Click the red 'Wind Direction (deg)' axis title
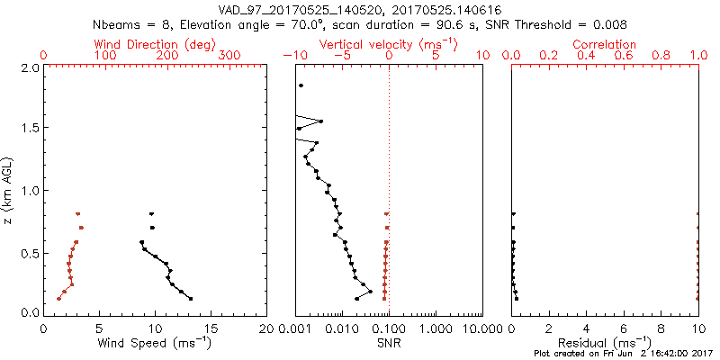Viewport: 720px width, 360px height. point(156,44)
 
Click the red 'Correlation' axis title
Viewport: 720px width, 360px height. point(605,44)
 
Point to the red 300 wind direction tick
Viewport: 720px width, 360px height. point(229,56)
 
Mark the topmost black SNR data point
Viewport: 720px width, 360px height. point(301,85)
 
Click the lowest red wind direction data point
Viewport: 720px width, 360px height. point(59,298)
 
